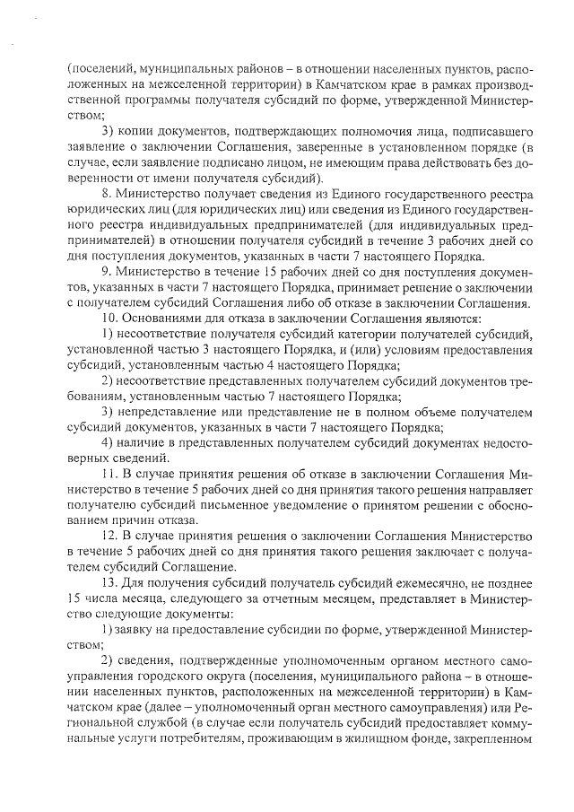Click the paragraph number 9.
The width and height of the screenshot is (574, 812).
(104, 272)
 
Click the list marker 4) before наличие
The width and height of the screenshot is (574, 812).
(106, 441)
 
